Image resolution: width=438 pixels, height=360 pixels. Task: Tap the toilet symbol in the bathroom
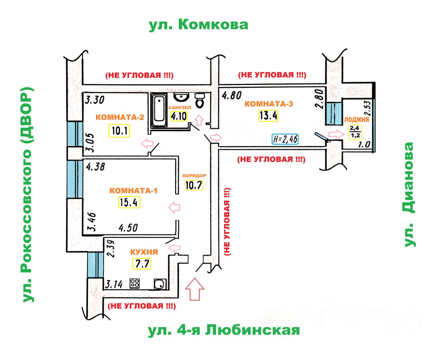[199, 100]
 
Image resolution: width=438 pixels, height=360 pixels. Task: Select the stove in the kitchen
[134, 283]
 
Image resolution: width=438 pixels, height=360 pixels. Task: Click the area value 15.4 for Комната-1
[129, 202]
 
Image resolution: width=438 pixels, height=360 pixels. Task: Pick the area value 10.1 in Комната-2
[119, 131]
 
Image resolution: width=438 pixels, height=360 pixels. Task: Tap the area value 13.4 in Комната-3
[268, 115]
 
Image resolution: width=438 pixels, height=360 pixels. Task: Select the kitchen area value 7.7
[141, 264]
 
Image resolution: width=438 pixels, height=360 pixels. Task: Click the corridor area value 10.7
[194, 185]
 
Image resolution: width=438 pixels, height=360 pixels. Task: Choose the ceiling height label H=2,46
[285, 139]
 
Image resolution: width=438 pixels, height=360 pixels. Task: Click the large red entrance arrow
[194, 289]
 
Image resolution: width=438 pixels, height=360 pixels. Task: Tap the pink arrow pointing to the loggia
[335, 134]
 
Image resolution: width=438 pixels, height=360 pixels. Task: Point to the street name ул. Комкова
[198, 25]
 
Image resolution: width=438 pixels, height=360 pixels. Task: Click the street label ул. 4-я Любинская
[224, 330]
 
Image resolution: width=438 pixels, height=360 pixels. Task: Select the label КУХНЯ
[144, 252]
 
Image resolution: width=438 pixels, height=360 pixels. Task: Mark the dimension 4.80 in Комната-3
[232, 95]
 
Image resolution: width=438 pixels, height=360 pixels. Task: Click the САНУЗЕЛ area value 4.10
[179, 116]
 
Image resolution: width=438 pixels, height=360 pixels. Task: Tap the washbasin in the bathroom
[181, 97]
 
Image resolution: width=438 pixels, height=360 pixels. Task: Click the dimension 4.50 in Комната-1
[128, 227]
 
